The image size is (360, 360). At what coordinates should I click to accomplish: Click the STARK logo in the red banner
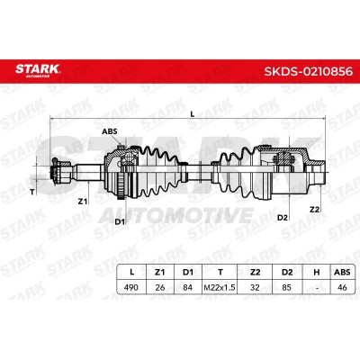(38, 70)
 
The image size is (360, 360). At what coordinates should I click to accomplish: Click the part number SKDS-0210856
(308, 71)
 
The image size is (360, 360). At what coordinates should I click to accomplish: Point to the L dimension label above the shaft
(193, 114)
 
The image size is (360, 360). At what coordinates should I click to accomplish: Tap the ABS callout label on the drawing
(110, 131)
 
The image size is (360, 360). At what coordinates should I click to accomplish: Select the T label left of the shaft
(32, 193)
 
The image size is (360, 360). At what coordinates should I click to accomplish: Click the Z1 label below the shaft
(83, 202)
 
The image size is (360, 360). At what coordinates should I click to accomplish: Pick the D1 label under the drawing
(120, 221)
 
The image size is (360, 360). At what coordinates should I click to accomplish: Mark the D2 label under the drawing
(283, 218)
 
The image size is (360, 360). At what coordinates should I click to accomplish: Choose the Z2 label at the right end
(314, 210)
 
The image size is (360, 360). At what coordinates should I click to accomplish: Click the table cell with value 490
(131, 287)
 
